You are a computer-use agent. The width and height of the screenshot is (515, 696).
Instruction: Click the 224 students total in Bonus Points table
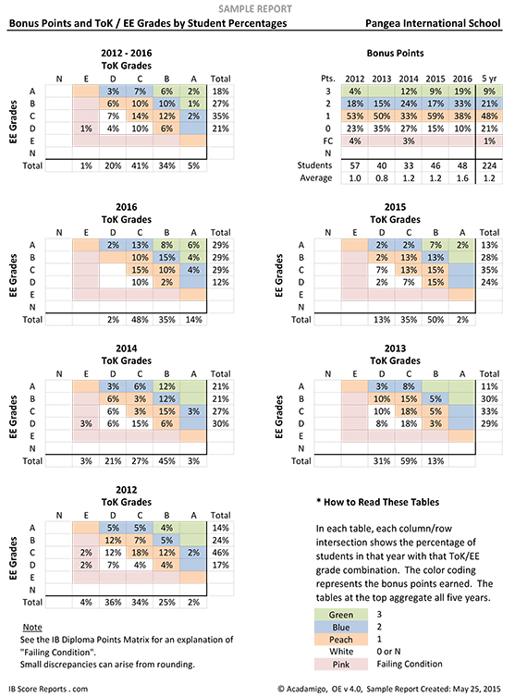tap(489, 165)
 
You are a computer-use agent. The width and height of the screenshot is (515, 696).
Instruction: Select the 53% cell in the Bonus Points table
tap(355, 116)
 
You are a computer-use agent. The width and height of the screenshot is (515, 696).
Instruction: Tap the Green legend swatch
tap(341, 615)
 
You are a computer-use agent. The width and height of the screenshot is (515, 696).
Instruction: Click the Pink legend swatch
tap(341, 665)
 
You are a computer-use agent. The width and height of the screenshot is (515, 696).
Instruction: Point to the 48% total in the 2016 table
tap(140, 320)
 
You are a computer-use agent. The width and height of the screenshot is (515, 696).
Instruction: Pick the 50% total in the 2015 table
tap(435, 320)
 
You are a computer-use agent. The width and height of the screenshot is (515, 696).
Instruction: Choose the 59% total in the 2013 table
tap(409, 461)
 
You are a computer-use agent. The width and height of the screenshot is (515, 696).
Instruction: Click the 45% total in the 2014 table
tap(166, 461)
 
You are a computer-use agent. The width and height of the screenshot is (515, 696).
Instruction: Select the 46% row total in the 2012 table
tap(220, 553)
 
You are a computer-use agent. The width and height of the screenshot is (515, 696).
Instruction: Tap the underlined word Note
tap(32, 628)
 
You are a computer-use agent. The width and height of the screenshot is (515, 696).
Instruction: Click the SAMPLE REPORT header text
tap(255, 9)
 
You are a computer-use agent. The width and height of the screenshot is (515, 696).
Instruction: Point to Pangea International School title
tap(433, 23)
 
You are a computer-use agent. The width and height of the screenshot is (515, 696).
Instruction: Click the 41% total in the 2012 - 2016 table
tap(140, 166)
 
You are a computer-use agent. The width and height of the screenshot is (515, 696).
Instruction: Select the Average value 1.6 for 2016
tap(462, 178)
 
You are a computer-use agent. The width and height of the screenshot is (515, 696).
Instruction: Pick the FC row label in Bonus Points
tap(327, 141)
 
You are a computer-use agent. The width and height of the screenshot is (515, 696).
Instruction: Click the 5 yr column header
tap(489, 79)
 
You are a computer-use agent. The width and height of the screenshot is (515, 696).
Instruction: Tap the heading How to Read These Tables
tap(378, 502)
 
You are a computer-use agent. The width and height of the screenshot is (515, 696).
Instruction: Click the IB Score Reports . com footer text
tap(48, 689)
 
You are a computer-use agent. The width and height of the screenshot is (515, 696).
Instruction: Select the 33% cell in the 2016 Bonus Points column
tap(462, 104)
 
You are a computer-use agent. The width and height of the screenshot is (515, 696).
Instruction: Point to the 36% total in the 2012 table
tap(113, 603)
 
